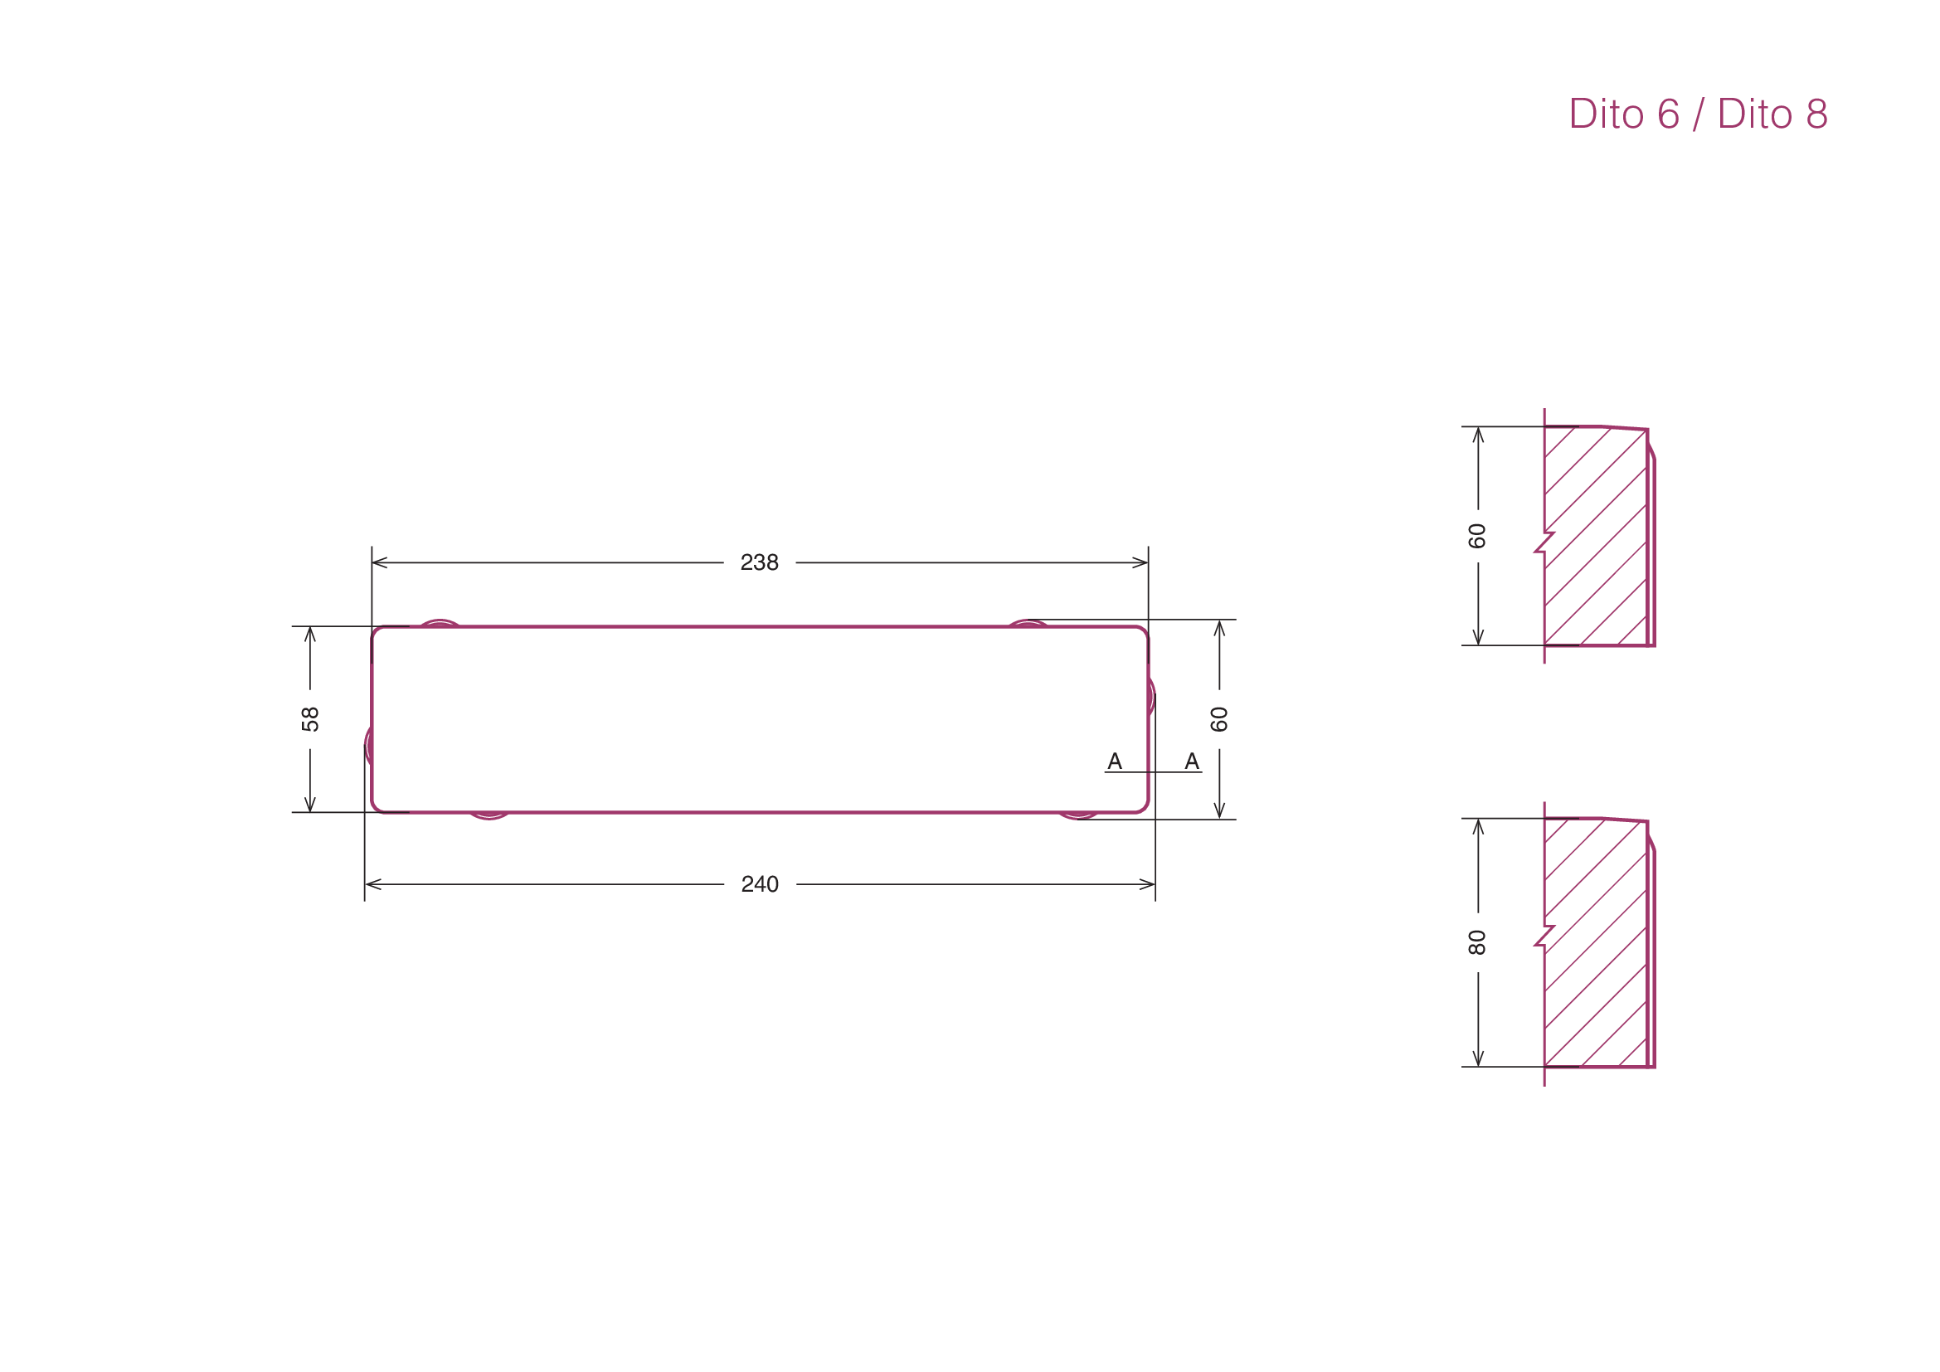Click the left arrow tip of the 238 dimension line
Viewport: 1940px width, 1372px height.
pyautogui.click(x=372, y=562)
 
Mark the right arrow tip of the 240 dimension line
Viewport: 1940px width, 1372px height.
pyautogui.click(x=1155, y=884)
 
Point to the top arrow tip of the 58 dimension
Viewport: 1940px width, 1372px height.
pyautogui.click(x=310, y=627)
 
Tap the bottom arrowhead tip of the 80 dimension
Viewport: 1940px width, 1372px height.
pyautogui.click(x=1478, y=1067)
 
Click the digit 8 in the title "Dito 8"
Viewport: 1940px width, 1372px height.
pyautogui.click(x=1816, y=113)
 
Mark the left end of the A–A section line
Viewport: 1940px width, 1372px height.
pyautogui.click(x=1105, y=772)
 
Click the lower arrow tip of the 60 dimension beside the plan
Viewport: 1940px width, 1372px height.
pyautogui.click(x=1219, y=819)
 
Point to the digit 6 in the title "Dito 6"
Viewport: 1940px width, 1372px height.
pyautogui.click(x=1668, y=113)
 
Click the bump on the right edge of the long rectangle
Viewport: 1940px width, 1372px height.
pyautogui.click(x=1152, y=697)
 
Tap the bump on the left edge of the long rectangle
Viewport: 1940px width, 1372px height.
pyautogui.click(x=368, y=746)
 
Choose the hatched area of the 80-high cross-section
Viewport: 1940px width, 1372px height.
pyautogui.click(x=1595, y=943)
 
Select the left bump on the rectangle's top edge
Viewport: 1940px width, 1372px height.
pyautogui.click(x=440, y=623)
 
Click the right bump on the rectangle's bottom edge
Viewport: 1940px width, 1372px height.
pyautogui.click(x=1078, y=816)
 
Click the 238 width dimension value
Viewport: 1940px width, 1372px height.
pyautogui.click(x=760, y=562)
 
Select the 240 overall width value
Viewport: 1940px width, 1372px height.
pyautogui.click(x=760, y=884)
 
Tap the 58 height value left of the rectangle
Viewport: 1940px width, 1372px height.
pyautogui.click(x=310, y=719)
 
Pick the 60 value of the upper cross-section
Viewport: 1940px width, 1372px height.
pyautogui.click(x=1477, y=536)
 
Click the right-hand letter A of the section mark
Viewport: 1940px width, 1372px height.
pyautogui.click(x=1192, y=761)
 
